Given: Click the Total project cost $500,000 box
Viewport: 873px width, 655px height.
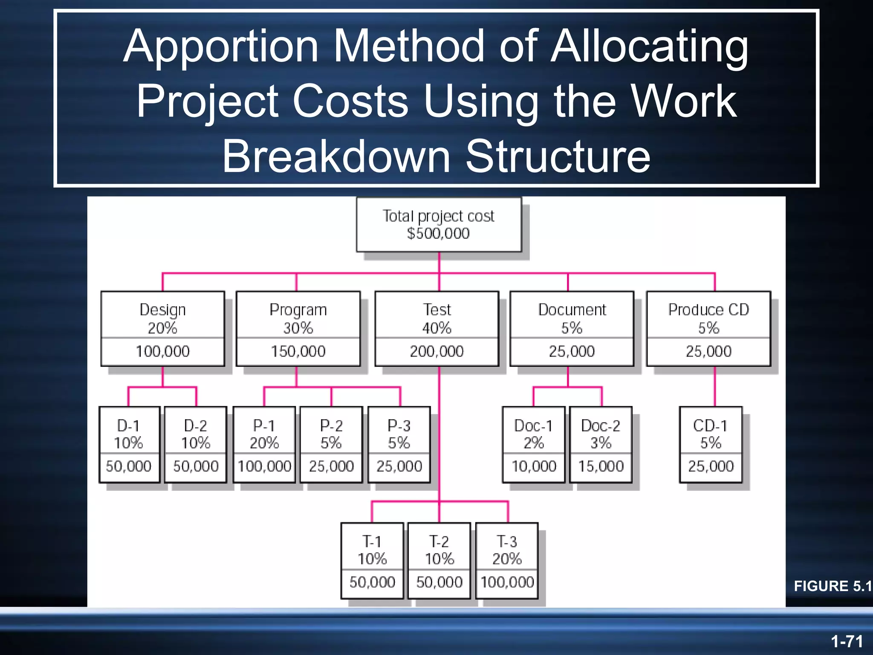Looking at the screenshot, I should [x=439, y=225].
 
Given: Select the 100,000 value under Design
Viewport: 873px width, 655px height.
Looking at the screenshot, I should [x=162, y=351].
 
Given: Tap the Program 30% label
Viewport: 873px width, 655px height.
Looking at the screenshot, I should [x=298, y=318].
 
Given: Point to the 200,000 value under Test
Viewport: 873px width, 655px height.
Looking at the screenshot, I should [x=436, y=351].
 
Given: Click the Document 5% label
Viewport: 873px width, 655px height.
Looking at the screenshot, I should [x=572, y=318].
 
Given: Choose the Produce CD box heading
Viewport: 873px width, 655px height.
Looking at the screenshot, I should [x=708, y=310].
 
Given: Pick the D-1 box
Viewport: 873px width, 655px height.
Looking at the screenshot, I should [x=129, y=444].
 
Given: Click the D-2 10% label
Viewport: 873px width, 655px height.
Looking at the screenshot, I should [x=196, y=434].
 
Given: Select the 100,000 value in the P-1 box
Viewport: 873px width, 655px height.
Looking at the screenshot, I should [x=264, y=466].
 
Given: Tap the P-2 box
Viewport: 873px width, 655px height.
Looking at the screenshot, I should [x=331, y=444].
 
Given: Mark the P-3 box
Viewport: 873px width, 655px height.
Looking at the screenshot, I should [x=399, y=444].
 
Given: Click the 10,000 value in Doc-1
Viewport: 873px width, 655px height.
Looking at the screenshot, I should [x=534, y=466].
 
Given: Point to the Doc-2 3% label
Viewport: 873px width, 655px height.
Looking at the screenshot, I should [x=601, y=434].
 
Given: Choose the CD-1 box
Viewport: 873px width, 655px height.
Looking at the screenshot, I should [x=711, y=444].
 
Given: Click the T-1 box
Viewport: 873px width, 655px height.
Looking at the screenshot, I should [x=372, y=560].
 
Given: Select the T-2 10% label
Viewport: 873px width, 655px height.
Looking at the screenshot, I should [x=439, y=550].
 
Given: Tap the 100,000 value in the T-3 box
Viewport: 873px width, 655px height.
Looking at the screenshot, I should [x=507, y=582].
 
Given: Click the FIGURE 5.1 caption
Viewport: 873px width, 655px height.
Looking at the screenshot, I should [x=833, y=586].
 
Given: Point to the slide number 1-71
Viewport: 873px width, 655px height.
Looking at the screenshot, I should [x=847, y=641].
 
